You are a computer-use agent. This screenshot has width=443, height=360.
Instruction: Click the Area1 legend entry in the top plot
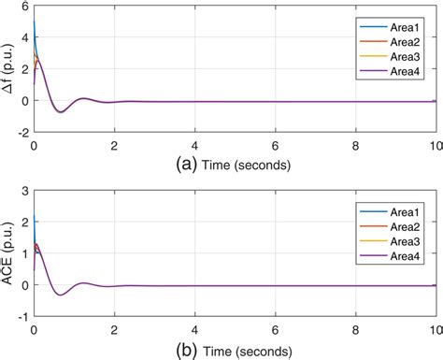pos(400,24)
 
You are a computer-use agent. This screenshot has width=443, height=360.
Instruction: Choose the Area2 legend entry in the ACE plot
pos(400,227)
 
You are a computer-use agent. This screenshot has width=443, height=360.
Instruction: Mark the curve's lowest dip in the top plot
pos(61,112)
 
